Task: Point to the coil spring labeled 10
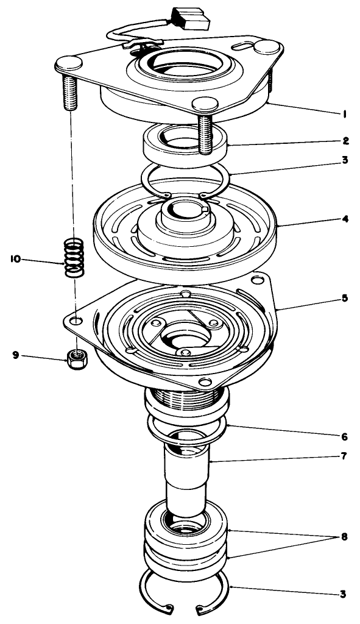[x=73, y=258]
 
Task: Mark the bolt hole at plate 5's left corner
[x=74, y=320]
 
